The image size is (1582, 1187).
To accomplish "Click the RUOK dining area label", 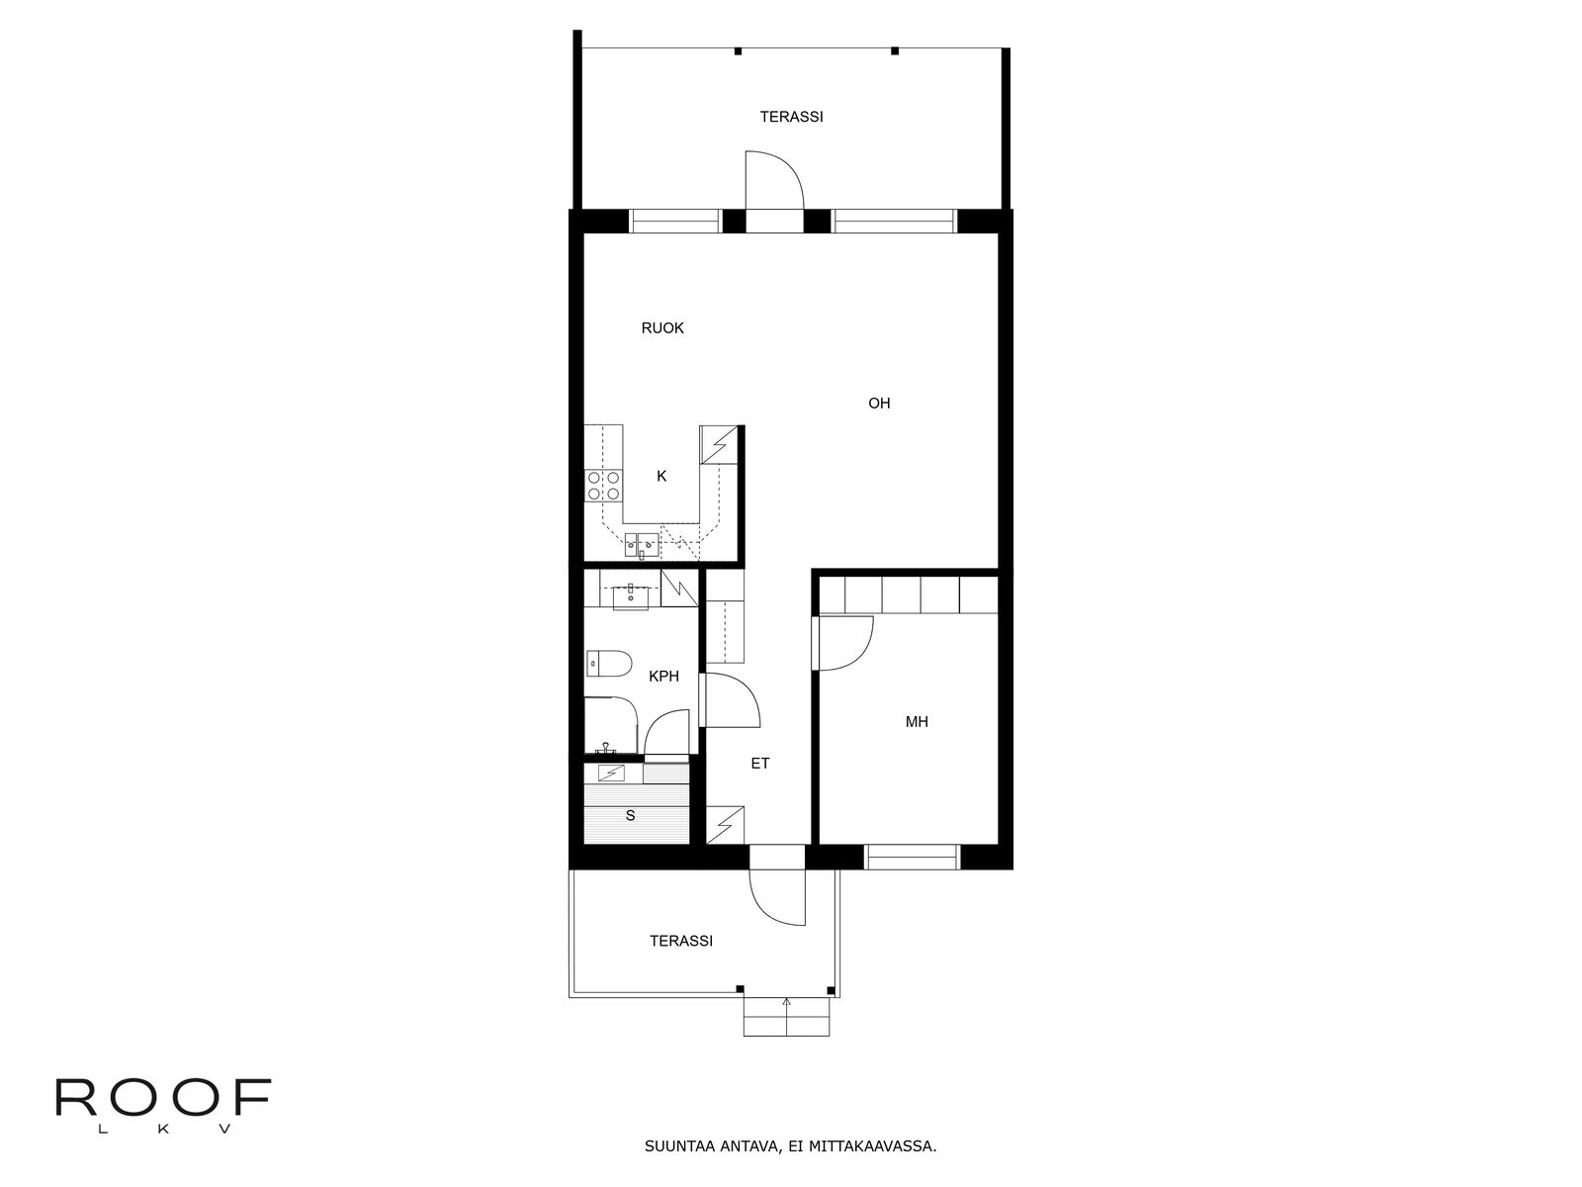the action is click(662, 328).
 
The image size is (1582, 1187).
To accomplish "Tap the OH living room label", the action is click(879, 404).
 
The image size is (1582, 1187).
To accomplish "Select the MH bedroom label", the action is click(917, 721).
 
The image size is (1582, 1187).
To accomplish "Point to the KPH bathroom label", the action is click(663, 676).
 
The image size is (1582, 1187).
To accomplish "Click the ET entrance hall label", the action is click(760, 764).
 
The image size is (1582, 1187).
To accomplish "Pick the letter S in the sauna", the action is click(631, 815).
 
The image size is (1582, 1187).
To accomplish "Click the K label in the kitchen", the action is click(661, 477).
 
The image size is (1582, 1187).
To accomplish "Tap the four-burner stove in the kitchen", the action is click(603, 485).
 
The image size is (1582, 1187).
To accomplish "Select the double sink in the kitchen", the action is click(642, 546).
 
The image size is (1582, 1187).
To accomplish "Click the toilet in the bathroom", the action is click(609, 663).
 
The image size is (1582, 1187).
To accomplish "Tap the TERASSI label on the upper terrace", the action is click(791, 117).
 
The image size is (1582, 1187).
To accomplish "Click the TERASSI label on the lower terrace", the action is click(681, 942).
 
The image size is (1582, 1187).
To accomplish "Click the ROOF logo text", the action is click(163, 1098).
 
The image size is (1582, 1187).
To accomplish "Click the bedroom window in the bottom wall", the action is click(912, 857).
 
